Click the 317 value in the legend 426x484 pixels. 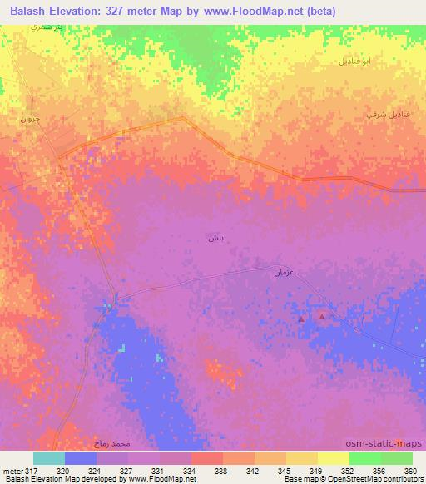click(x=28, y=470)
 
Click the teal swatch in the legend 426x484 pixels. click(x=49, y=458)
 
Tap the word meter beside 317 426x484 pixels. click(x=12, y=470)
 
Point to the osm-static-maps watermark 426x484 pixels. click(x=387, y=445)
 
